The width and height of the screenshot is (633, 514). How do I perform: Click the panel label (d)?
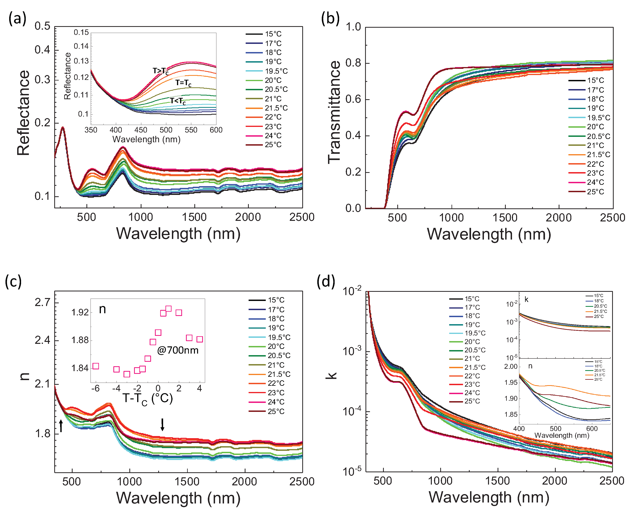pos(326,282)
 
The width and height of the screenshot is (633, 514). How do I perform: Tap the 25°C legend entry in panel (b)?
pos(595,192)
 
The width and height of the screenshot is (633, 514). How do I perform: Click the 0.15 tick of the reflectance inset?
pos(81,32)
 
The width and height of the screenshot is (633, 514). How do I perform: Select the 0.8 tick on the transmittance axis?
pos(353,63)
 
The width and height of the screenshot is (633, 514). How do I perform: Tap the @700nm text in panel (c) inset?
pos(178,350)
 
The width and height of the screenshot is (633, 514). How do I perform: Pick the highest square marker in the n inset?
pos(168,309)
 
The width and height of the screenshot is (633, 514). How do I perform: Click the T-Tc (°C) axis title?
pos(147,399)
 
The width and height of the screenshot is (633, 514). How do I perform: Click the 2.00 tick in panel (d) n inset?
pos(511,367)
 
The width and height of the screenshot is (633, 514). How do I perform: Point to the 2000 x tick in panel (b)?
pos(559,218)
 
